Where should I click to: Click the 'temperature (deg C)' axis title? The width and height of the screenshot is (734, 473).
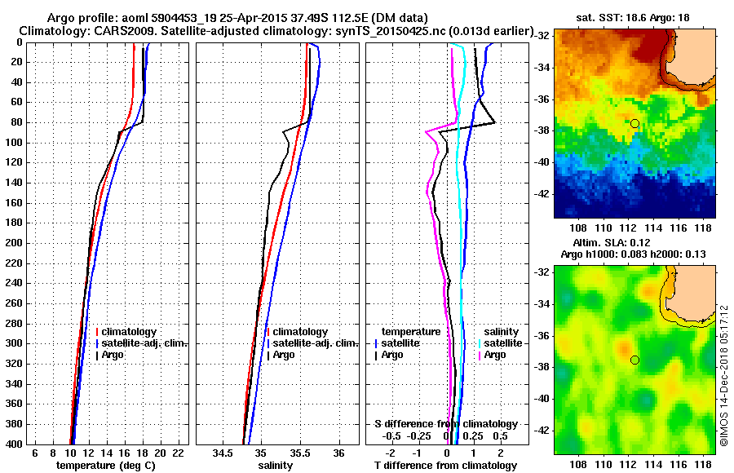[x=105, y=465]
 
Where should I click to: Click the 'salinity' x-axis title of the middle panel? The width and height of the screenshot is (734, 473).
[x=276, y=465]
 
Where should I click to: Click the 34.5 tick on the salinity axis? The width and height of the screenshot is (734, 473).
[x=222, y=453]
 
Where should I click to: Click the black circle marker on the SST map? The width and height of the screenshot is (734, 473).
[x=635, y=123]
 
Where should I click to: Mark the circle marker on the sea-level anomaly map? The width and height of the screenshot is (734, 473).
[x=635, y=360]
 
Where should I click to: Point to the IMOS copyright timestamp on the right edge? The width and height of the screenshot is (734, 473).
[x=724, y=375]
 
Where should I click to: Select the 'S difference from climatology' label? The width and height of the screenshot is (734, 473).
[x=445, y=424]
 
